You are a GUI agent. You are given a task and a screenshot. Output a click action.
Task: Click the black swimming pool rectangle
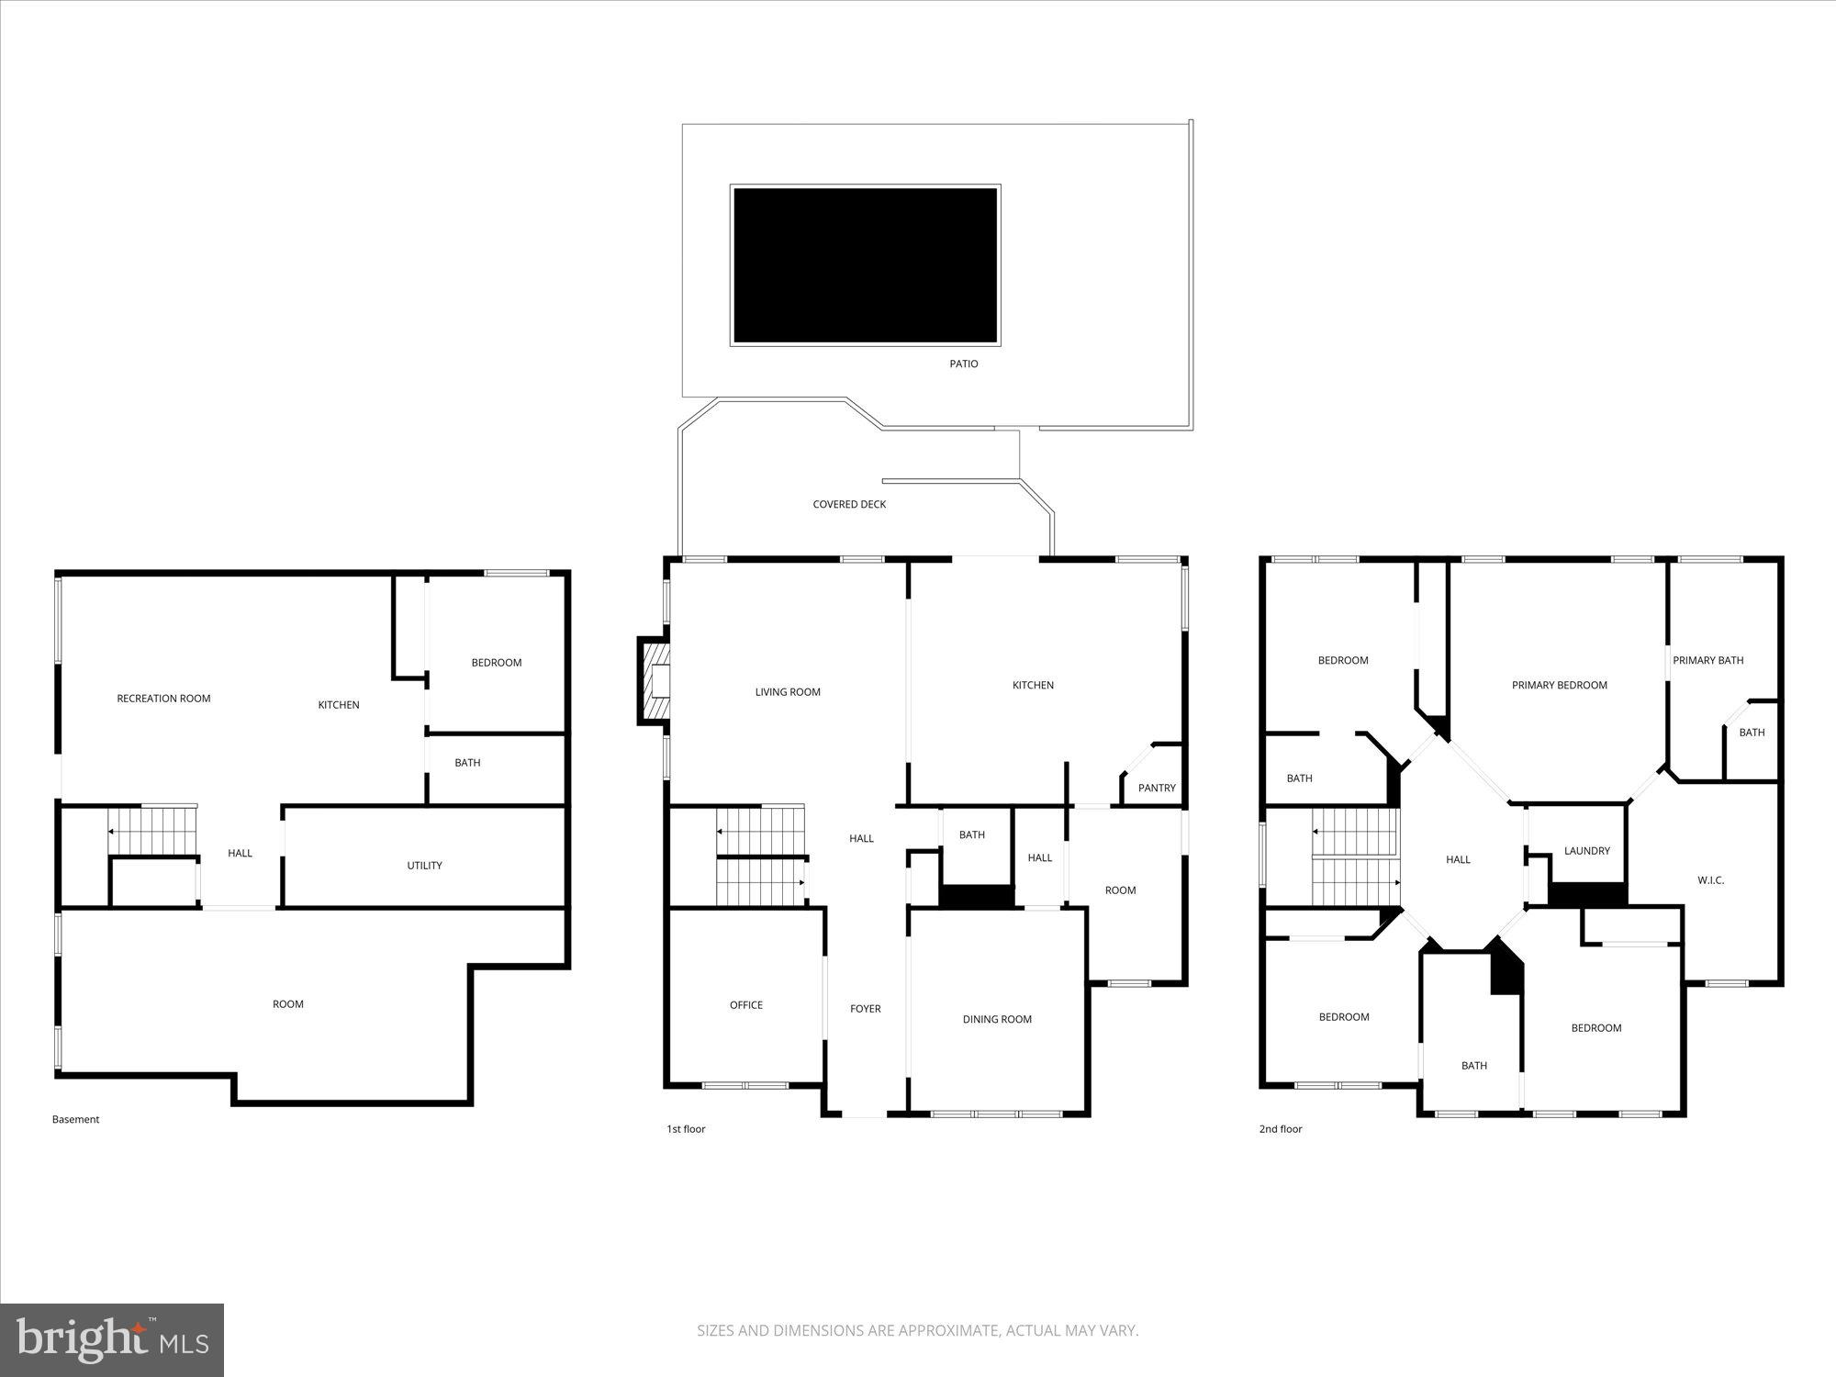pos(865,265)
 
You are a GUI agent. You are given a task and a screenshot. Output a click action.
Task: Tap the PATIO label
pos(963,364)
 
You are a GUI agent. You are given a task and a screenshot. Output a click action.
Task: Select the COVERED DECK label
pos(849,504)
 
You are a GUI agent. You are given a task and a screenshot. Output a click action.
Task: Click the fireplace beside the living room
pos(655,681)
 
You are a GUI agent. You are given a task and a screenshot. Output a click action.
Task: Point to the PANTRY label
pos(1157,788)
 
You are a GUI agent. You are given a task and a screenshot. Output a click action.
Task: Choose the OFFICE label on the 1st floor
pos(746,1005)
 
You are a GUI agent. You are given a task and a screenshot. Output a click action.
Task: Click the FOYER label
pos(865,1009)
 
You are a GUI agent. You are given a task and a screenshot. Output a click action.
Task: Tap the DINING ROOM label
pos(997,1019)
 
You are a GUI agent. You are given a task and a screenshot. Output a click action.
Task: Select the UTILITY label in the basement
pos(424,866)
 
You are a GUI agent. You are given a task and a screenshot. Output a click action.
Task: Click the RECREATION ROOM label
pos(163,699)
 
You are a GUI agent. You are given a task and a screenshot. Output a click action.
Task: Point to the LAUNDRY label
pos(1587,851)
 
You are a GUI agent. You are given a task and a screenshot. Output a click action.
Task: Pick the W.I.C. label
pos(1710,880)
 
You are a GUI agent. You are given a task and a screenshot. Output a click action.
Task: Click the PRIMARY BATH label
pos(1707,660)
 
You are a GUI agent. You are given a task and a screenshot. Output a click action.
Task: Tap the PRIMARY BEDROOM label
pos(1560,685)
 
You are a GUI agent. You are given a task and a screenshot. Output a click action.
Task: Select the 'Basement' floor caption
pos(75,1119)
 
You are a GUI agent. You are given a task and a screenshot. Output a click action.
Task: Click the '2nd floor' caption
pos(1281,1129)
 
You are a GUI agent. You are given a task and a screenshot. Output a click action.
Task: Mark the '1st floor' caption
pos(686,1129)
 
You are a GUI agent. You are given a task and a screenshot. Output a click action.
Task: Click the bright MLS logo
pos(112,1339)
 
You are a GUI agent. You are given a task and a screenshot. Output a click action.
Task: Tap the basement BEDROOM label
pos(496,663)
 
